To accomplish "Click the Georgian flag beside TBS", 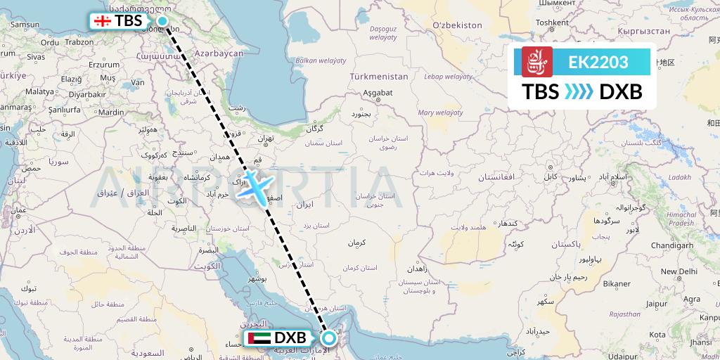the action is pyautogui.click(x=103, y=21).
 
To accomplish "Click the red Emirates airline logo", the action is pyautogui.click(x=536, y=62).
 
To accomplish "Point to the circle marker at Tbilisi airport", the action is pyautogui.click(x=162, y=21).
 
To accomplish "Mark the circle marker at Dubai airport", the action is pyautogui.click(x=328, y=338).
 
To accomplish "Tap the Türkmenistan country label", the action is pyautogui.click(x=379, y=75).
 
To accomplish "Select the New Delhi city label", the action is pyautogui.click(x=678, y=271).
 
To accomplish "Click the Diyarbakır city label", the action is pyautogui.click(x=87, y=94).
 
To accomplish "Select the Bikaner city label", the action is pyautogui.click(x=616, y=283).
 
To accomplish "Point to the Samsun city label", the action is pyautogui.click(x=25, y=25).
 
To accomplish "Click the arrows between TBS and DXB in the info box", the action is pyautogui.click(x=580, y=92).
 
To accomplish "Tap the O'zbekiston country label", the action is pyautogui.click(x=457, y=25).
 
